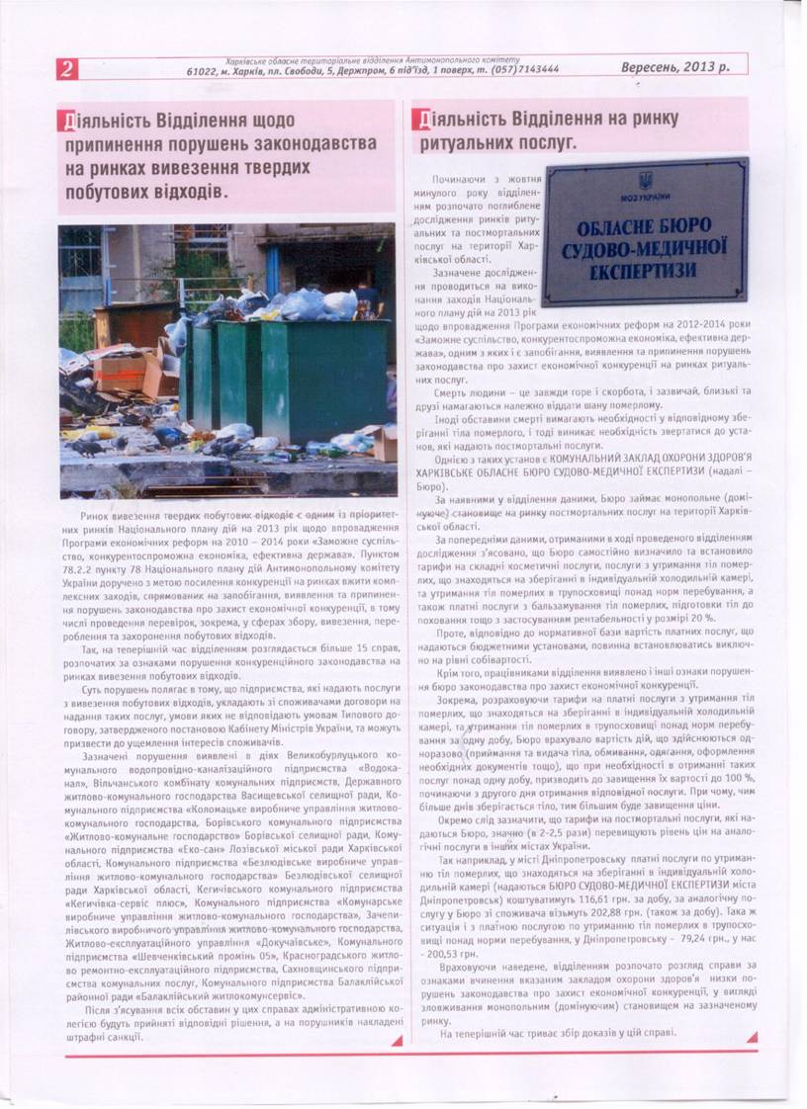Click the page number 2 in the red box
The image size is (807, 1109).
click(66, 68)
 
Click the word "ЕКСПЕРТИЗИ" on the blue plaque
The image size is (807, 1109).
click(645, 268)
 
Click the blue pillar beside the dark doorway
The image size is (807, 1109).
click(272, 267)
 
